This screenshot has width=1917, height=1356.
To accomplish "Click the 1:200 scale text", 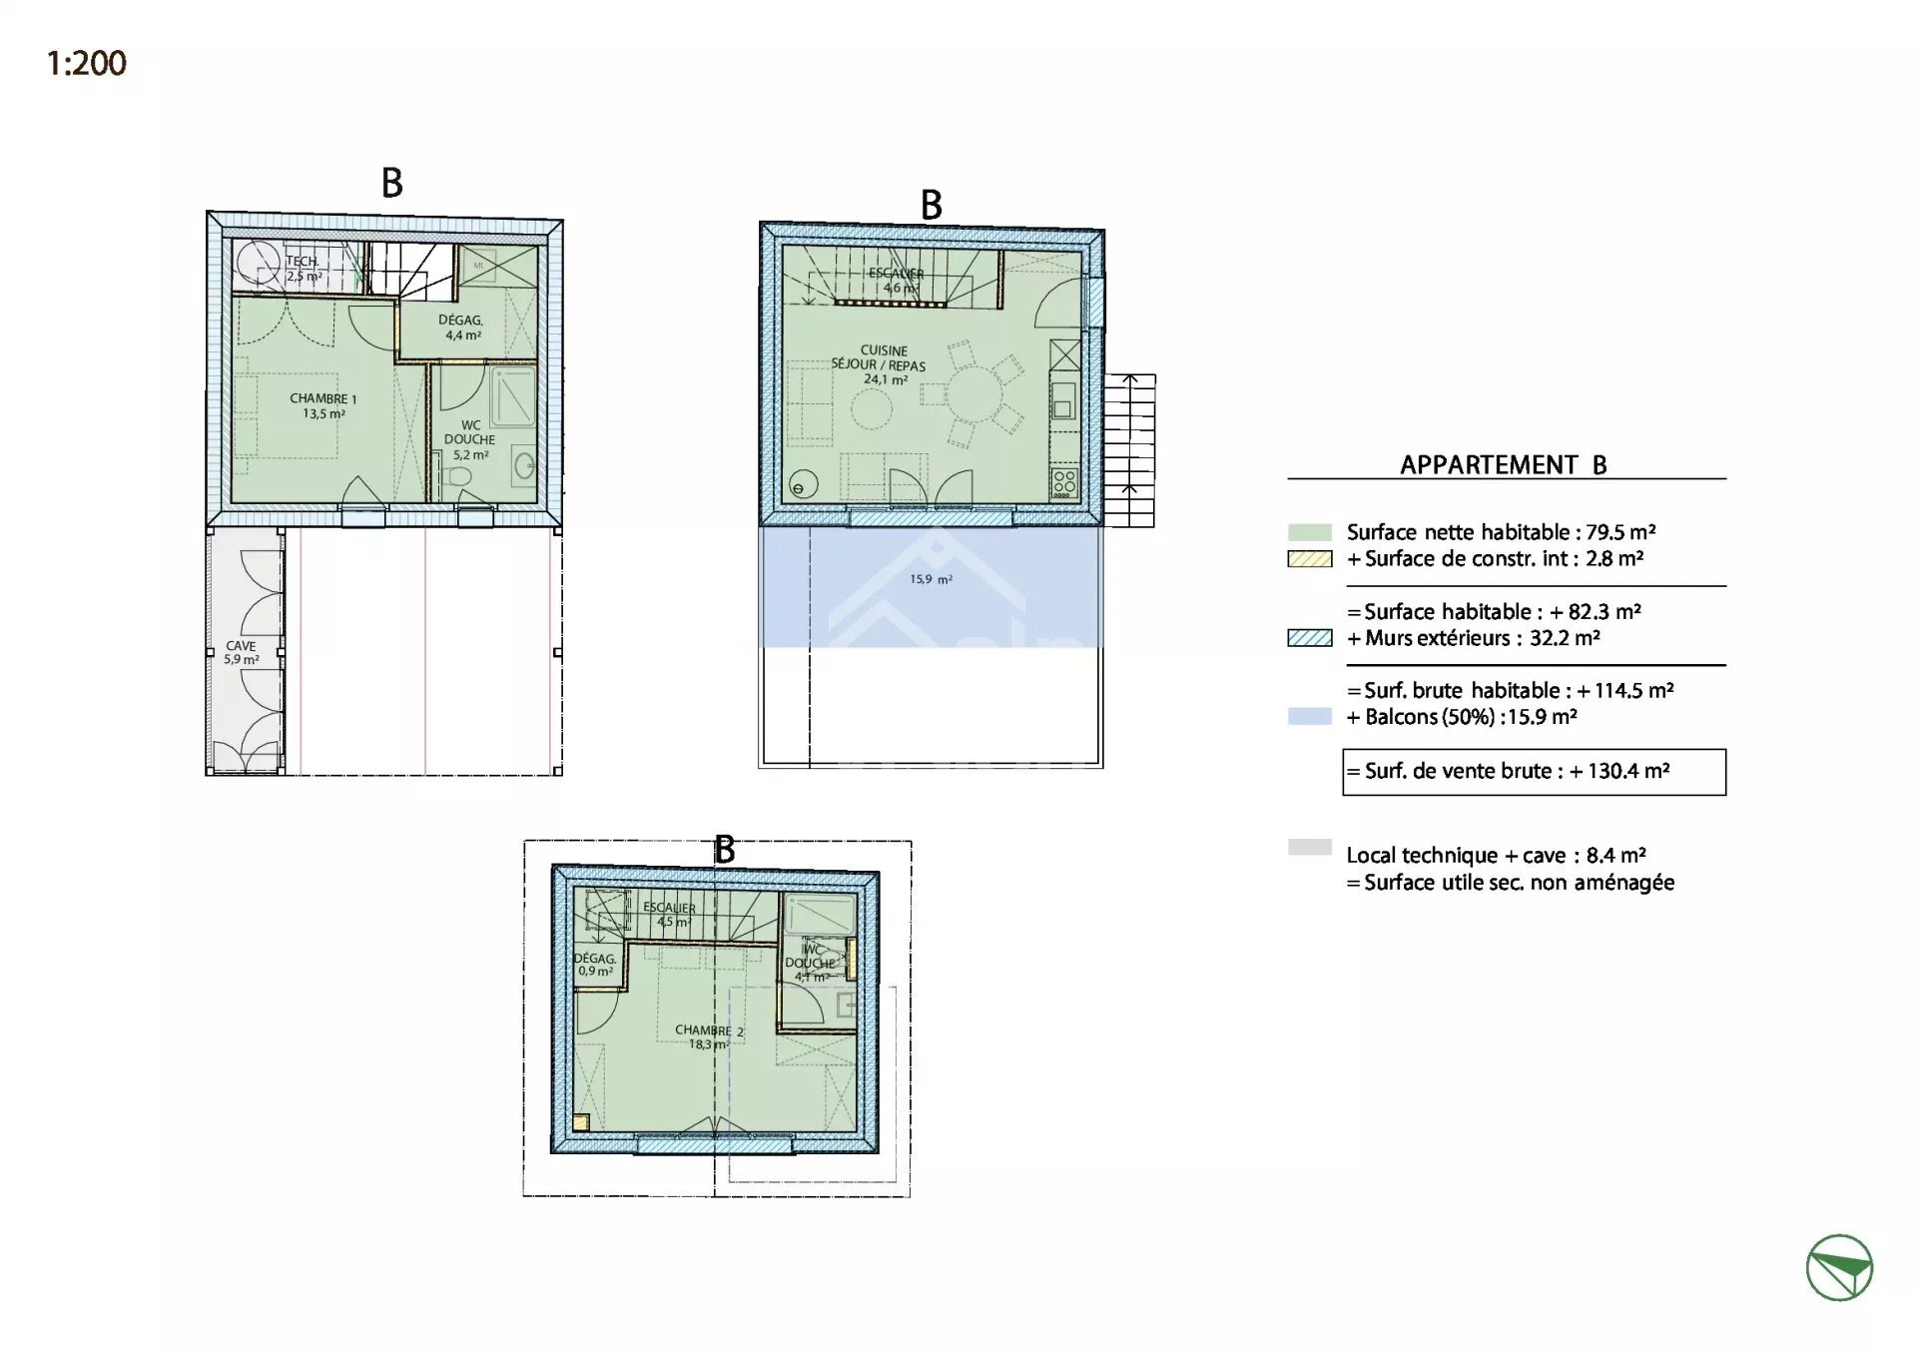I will click(x=87, y=63).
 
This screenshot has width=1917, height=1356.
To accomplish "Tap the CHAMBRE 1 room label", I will click(x=322, y=405).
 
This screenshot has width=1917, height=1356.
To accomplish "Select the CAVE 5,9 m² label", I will click(x=241, y=652).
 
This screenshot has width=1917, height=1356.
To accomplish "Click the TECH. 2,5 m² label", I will click(x=303, y=268).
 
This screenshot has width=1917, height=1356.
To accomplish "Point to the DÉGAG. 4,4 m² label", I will click(x=461, y=328).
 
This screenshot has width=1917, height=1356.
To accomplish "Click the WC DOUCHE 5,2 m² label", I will click(x=469, y=439).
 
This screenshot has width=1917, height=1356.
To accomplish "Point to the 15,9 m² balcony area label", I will click(x=930, y=579).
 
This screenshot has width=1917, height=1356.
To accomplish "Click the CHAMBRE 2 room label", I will click(x=708, y=1036).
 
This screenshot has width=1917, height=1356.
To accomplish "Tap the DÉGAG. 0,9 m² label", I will click(x=595, y=965).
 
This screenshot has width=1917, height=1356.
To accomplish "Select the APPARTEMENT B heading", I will click(x=1503, y=465).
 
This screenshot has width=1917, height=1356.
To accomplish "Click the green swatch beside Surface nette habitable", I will click(x=1309, y=533).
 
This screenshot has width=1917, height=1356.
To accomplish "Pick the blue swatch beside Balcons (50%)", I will click(x=1309, y=717).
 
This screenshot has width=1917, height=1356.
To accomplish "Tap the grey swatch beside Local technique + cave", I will click(x=1309, y=848).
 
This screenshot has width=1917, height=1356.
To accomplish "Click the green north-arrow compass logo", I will click(x=1839, y=1267).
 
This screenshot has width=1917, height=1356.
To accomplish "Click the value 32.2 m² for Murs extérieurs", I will click(x=1565, y=638).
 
